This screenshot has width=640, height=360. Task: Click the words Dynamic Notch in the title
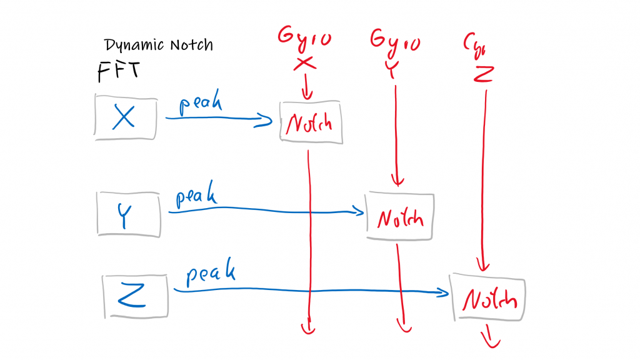pos(159,46)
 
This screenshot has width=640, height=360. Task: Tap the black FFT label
pos(118,71)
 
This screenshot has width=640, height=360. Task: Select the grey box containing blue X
pos(125,116)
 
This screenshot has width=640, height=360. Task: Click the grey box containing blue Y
pos(129,214)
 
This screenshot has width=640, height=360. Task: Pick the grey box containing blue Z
pos(135,295)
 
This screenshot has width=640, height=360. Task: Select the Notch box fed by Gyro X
pos(311,122)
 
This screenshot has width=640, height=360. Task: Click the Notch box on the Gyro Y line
pos(399,216)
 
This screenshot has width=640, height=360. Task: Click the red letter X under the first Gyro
pos(304,63)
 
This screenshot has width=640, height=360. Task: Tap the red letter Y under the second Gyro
pos(391,70)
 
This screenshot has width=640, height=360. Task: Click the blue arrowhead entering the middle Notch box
pos(359,212)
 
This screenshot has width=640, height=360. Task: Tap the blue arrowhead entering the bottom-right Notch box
pos(444,292)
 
